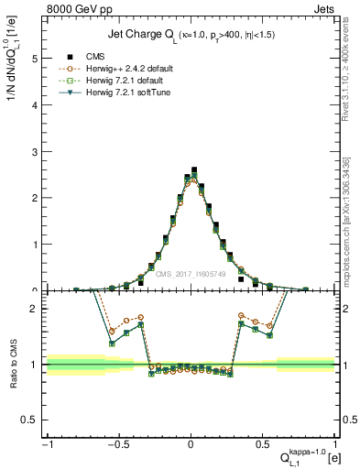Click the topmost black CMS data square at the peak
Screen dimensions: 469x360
click(194, 169)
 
